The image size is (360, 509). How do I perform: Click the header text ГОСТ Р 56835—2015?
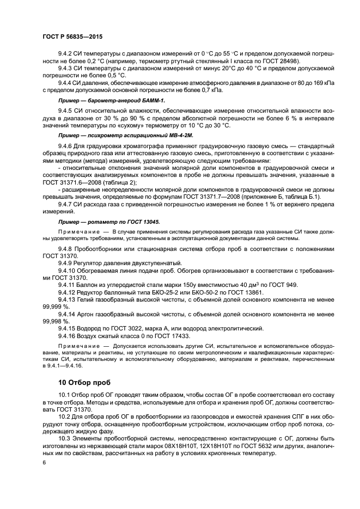tap(72, 35)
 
